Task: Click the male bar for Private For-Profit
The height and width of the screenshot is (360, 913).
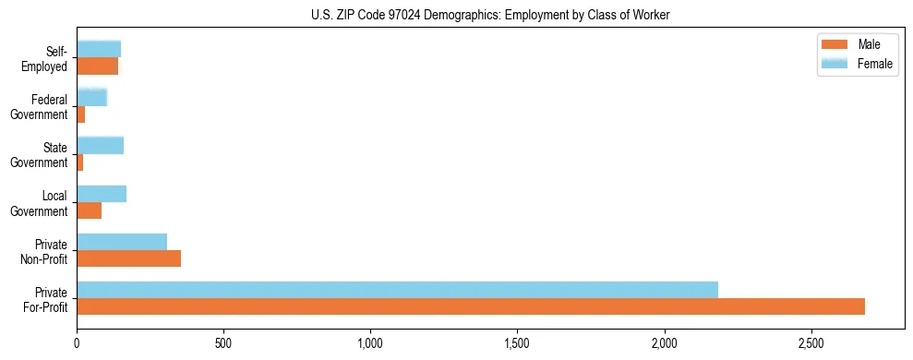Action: [471, 306]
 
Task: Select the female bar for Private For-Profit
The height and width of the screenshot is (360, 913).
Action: [397, 290]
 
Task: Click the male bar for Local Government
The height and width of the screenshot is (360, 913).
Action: [89, 210]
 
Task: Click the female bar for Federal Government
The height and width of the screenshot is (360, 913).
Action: [91, 97]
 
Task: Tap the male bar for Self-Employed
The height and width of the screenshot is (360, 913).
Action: [97, 66]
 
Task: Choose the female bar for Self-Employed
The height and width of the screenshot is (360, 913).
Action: [99, 49]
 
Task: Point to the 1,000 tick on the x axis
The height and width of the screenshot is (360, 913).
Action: [370, 343]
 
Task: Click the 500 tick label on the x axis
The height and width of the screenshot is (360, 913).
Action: [223, 343]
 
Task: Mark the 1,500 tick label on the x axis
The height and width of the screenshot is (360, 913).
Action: [517, 343]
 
